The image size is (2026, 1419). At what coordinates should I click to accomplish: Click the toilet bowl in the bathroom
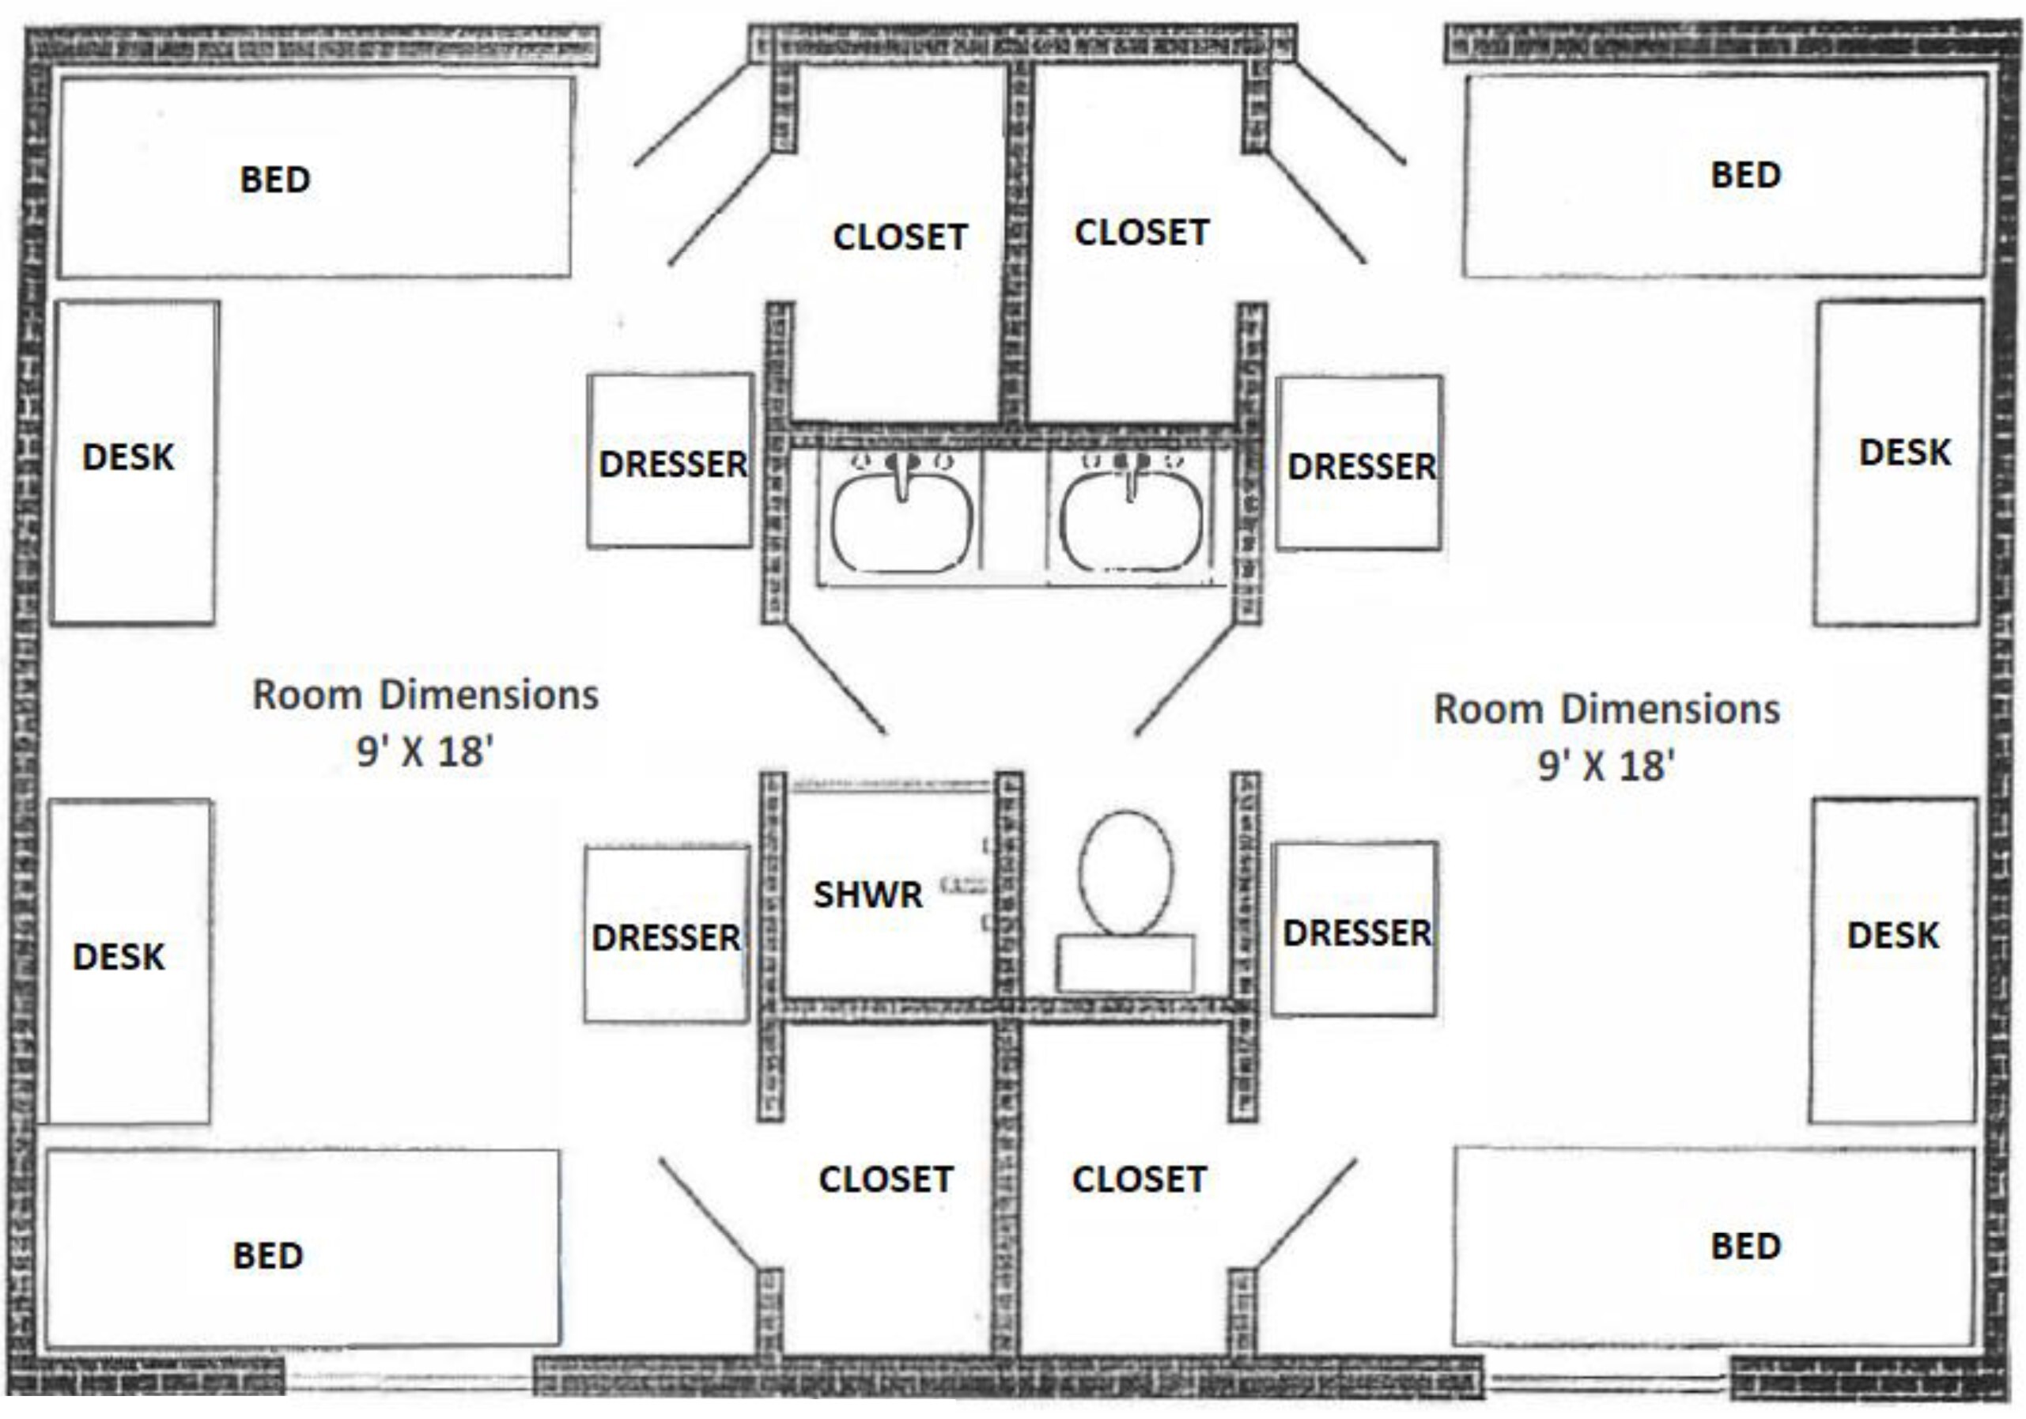pyautogui.click(x=1127, y=872)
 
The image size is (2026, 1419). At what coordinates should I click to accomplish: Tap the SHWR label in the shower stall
pyautogui.click(x=867, y=895)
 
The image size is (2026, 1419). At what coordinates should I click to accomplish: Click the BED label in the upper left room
pyautogui.click(x=274, y=180)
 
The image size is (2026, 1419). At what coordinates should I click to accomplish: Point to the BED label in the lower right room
pyautogui.click(x=1745, y=1246)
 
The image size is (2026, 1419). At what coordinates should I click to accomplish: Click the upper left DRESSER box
pyautogui.click(x=671, y=460)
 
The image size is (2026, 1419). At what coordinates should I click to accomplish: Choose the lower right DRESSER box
pyautogui.click(x=1355, y=929)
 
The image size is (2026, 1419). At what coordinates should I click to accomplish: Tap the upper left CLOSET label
pyautogui.click(x=900, y=236)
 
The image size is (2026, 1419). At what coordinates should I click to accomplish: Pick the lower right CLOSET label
pyautogui.click(x=1140, y=1179)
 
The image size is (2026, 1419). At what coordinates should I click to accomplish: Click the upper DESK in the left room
pyautogui.click(x=134, y=464)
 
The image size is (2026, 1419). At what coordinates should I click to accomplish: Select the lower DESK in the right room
pyautogui.click(x=1893, y=961)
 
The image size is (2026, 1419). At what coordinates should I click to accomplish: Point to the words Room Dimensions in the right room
pyautogui.click(x=1607, y=709)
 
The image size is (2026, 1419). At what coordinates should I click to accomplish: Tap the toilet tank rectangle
pyautogui.click(x=1126, y=963)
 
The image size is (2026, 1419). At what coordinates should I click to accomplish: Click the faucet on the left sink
pyautogui.click(x=901, y=476)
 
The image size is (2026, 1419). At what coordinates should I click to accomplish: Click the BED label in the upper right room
pyautogui.click(x=1745, y=175)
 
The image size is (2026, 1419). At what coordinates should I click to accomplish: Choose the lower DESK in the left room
pyautogui.click(x=129, y=962)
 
